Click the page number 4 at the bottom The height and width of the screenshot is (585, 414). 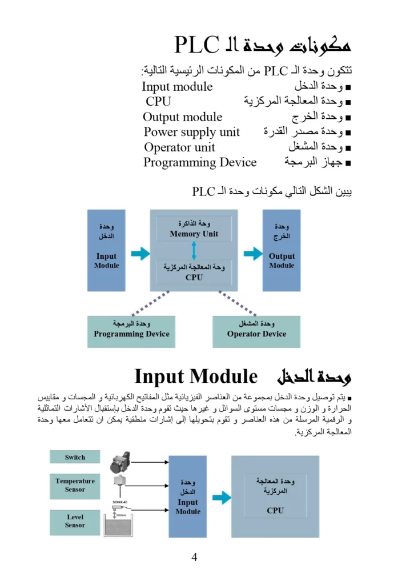pos(194,557)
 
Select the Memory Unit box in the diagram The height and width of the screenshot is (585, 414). pos(194,229)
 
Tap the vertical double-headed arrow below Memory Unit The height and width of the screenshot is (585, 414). pos(194,251)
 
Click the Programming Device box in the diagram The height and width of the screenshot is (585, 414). pos(131,331)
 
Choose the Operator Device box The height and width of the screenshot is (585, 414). pos(256,331)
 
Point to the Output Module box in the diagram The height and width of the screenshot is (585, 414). pos(282,250)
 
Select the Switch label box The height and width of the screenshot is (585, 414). pos(75,457)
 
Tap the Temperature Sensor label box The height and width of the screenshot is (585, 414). pos(75,485)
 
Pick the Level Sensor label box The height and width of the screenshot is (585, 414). pos(75,521)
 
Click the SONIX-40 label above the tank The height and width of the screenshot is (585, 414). pos(122,502)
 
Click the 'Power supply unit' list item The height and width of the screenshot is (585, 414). pos(192,132)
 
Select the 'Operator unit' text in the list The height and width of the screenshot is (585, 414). pos(179,147)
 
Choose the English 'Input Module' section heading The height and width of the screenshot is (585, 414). pos(196,376)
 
